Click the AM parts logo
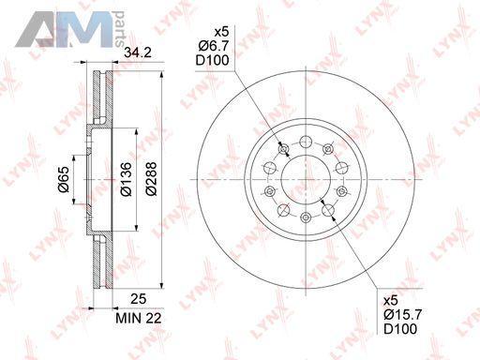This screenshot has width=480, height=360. point(70,29)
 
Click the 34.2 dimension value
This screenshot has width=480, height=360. point(138,52)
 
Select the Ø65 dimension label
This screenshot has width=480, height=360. point(64,179)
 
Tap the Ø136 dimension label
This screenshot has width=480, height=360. point(127,179)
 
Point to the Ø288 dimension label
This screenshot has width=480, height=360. point(151,179)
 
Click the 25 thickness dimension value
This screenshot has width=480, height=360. point(139,299)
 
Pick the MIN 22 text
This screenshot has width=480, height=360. point(139,318)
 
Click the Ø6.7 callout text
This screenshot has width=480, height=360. point(214,46)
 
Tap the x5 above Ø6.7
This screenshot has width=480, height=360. point(221,32)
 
